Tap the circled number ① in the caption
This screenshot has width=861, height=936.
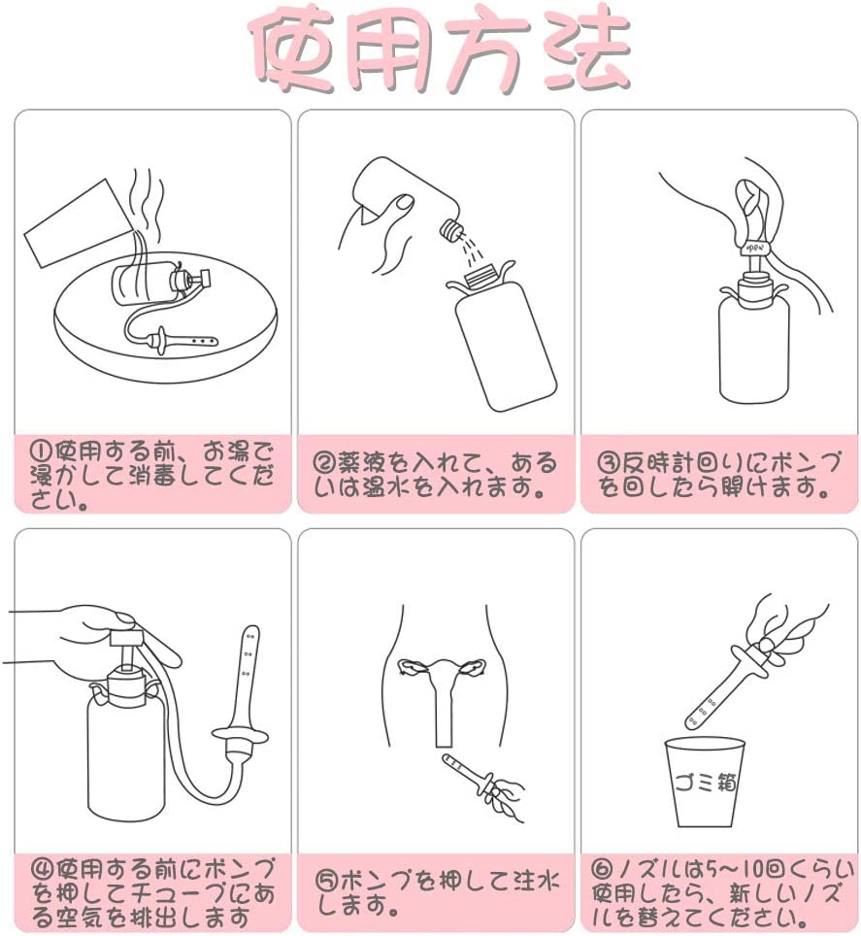pos(39,451)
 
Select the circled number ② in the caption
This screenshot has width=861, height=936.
pos(323,461)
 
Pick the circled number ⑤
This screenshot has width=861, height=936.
pos(327,883)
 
